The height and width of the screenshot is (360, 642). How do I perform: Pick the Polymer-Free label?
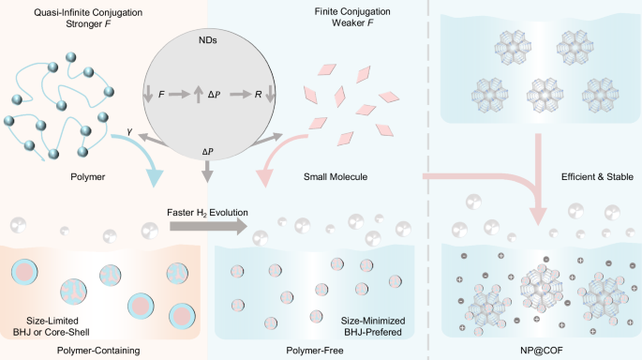[315, 348]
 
